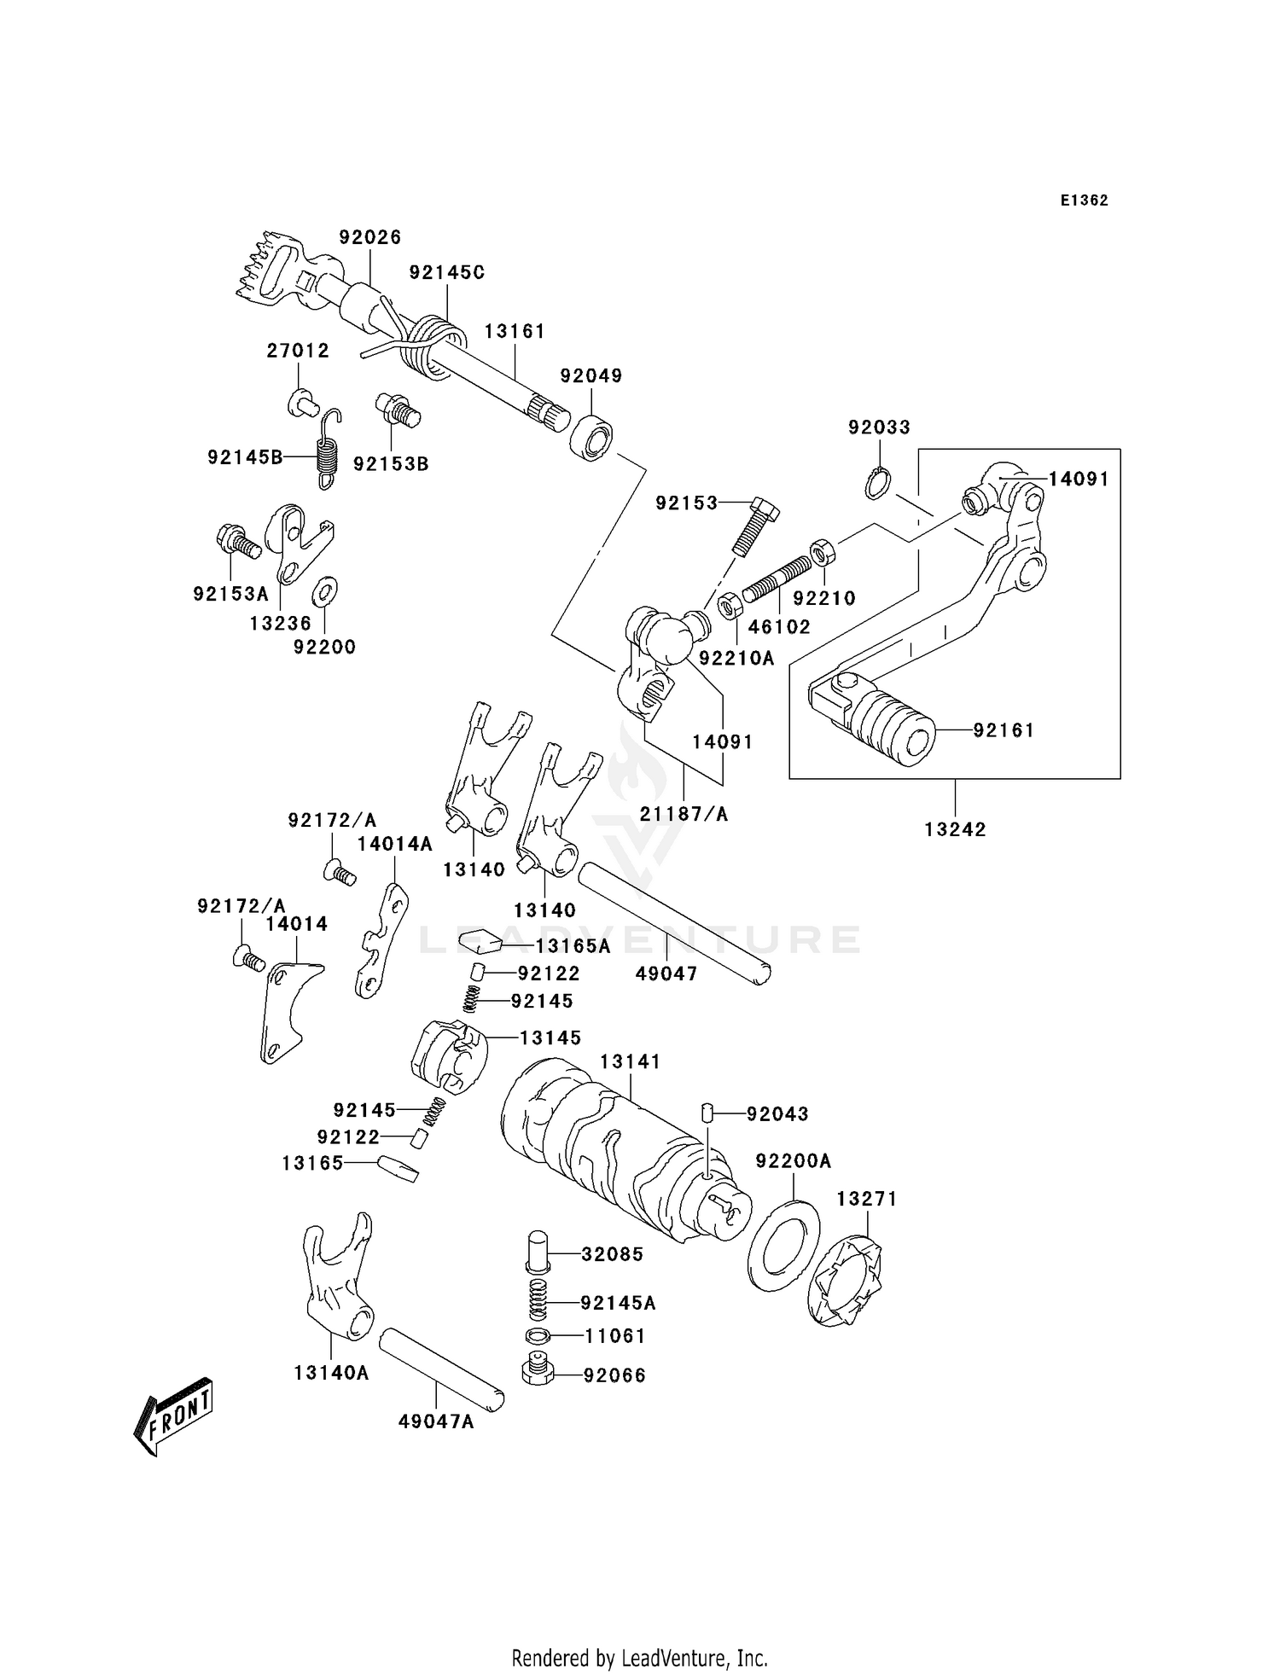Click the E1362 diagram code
click(1084, 201)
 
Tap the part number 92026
click(369, 237)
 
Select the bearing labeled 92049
click(591, 438)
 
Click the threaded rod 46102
click(778, 578)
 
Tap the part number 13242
click(955, 828)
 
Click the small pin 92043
click(707, 1113)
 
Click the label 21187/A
click(684, 814)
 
